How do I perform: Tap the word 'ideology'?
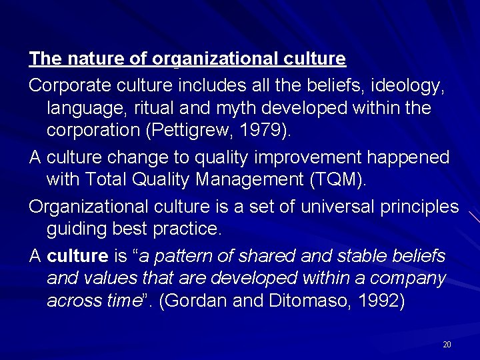tap(407, 85)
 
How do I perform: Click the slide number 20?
tap(447, 344)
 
